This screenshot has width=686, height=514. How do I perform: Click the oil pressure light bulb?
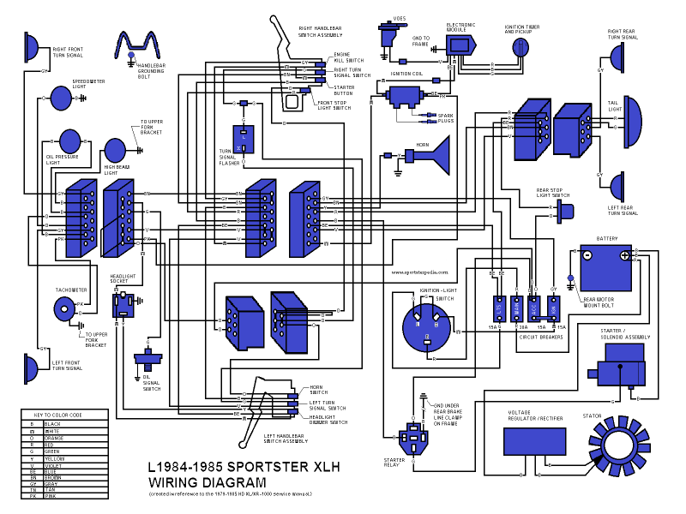pos(69,140)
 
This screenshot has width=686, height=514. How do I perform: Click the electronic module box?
pos(460,45)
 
